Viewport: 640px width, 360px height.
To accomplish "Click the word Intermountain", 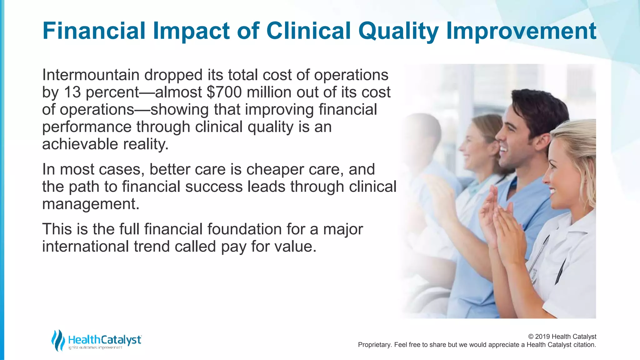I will tap(91, 75).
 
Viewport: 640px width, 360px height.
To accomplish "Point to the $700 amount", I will tap(224, 92).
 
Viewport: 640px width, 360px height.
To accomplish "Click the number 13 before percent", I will tap(72, 92).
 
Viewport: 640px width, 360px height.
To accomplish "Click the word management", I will tap(91, 204).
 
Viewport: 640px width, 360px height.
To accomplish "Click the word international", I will tap(85, 246).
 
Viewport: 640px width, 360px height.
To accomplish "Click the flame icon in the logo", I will tap(58, 340).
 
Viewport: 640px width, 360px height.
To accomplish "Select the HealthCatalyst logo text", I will tap(104, 340).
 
